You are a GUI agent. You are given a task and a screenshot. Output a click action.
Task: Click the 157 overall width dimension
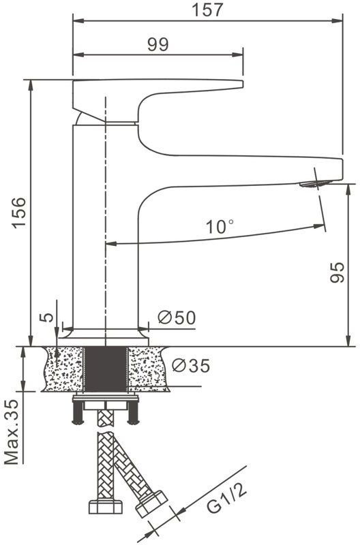point(207,10)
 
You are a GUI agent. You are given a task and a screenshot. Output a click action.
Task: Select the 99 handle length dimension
point(158,44)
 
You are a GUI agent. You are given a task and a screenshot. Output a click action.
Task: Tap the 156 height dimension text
point(19,213)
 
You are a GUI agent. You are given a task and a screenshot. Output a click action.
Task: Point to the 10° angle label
point(219,227)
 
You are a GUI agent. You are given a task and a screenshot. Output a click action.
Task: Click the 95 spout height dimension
point(337,272)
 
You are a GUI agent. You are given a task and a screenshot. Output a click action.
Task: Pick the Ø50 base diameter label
point(177,317)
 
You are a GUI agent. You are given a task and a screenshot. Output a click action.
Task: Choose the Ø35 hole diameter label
point(191,365)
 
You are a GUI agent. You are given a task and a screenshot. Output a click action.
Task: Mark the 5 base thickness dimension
point(48,317)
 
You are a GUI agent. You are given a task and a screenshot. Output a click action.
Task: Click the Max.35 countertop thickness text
point(12,432)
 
